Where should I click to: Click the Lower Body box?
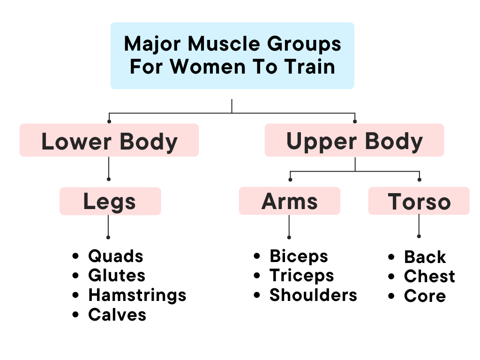(x=109, y=141)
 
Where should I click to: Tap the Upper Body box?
(x=354, y=141)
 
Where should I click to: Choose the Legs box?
(x=110, y=202)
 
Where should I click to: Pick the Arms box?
(x=289, y=202)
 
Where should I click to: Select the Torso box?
(x=419, y=202)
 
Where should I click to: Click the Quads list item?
(x=115, y=256)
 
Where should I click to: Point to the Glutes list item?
(x=117, y=276)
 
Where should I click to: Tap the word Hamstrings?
(x=137, y=295)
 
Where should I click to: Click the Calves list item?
(x=117, y=315)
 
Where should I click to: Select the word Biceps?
(x=299, y=256)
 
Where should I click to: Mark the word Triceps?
(x=301, y=276)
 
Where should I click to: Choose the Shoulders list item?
(x=313, y=295)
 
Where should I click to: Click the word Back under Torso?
(x=425, y=257)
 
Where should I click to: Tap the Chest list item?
(x=429, y=277)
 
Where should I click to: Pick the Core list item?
(x=425, y=296)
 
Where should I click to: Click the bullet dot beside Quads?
(x=75, y=257)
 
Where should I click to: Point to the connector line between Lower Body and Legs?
(x=109, y=167)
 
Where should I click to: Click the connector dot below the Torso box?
(x=419, y=236)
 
